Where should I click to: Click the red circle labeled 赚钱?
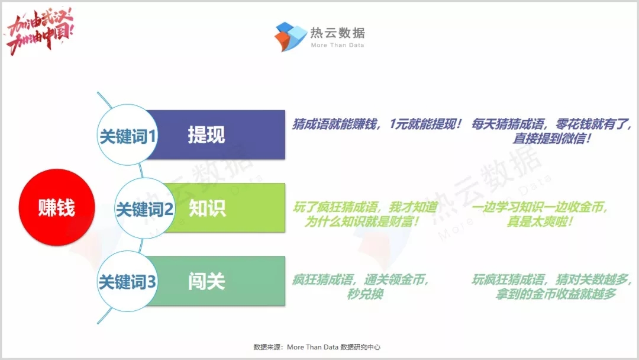coord(57,207)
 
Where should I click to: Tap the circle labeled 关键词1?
coord(128,135)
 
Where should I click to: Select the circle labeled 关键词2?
coord(145,208)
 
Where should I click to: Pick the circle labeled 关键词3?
coord(128,281)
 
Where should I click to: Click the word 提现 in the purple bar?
coord(206,135)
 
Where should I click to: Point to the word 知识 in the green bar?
coord(207,208)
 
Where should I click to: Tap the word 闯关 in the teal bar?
coord(206,281)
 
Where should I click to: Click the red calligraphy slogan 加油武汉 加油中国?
coord(40,31)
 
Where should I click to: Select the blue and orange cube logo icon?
coord(290,37)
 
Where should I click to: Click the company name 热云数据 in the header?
coord(337,33)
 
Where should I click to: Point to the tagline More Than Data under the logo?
coord(337,45)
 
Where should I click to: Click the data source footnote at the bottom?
coord(317,347)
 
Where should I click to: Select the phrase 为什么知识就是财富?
coord(362,222)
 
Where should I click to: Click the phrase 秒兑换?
coord(365,294)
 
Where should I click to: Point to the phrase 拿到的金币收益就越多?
coord(556,294)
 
